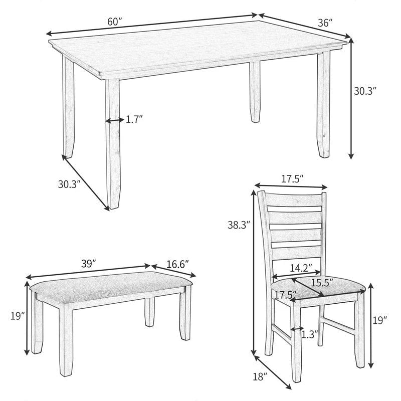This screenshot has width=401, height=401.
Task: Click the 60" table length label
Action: [115, 23]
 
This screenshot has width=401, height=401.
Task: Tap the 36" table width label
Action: [325, 23]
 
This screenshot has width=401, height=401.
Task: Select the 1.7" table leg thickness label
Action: [134, 120]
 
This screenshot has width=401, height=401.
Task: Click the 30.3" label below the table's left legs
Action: [69, 184]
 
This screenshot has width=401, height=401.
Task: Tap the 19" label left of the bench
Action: [17, 316]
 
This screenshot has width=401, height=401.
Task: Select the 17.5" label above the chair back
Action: [292, 179]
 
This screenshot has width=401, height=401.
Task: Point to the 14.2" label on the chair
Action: [301, 268]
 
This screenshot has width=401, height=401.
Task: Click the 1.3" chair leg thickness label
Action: [310, 335]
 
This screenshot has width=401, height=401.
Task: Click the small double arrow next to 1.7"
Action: [114, 120]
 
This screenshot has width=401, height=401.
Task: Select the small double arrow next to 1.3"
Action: [297, 329]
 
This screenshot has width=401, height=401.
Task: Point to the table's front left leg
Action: [113, 145]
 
